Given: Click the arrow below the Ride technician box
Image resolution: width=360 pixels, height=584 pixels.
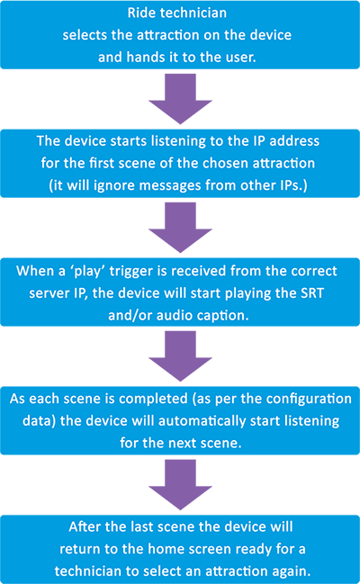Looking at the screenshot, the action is pos(180,99).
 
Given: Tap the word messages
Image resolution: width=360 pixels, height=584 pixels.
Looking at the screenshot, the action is pos(169,186).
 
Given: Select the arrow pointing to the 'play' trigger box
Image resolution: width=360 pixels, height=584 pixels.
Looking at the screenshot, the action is pos(180,228).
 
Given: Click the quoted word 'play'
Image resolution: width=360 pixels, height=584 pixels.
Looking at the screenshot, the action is pos(87,271).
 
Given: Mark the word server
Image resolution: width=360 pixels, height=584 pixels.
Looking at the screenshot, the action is pos(47,293).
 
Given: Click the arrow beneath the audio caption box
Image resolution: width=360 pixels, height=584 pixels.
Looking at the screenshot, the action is pos(180,356).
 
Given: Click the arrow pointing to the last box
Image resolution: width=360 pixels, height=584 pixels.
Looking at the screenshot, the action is pos(180,484).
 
